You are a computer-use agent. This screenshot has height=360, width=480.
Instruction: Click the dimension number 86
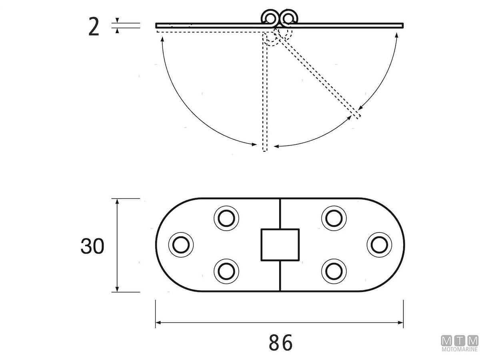[281, 342]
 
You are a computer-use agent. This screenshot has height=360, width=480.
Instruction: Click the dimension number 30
[92, 246]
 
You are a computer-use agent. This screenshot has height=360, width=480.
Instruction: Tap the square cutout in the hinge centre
[280, 244]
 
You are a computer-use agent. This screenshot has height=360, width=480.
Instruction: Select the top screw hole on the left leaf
[226, 218]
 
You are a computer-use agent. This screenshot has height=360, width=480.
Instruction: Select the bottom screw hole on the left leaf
[226, 271]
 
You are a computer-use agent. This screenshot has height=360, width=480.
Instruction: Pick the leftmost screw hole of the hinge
[180, 244]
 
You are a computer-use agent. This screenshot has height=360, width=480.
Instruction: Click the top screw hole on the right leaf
[334, 218]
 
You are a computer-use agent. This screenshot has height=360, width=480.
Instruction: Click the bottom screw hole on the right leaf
[334, 271]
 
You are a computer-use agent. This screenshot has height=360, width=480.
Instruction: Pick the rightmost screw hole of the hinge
[379, 244]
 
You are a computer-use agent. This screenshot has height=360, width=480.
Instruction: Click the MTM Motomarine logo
[460, 344]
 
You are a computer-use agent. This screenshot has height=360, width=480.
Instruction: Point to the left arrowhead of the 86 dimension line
[158, 322]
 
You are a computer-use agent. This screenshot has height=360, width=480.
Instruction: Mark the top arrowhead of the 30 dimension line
[117, 202]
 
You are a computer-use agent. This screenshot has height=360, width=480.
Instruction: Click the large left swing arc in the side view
[188, 108]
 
